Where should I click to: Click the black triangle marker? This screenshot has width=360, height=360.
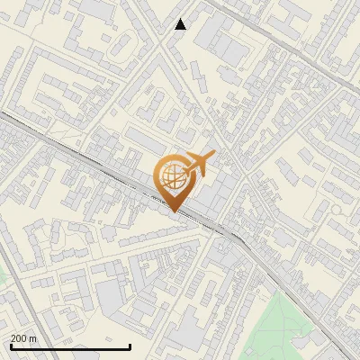click(181, 24)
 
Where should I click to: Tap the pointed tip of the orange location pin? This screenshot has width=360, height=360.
click(174, 211)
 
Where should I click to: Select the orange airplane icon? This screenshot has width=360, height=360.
click(198, 164)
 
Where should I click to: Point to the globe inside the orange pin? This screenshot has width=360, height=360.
click(171, 175)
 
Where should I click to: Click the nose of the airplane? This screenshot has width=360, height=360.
click(212, 156)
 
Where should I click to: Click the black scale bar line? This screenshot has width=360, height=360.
click(70, 346)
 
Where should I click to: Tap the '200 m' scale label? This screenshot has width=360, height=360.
click(23, 338)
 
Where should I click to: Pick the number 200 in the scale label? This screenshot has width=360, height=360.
click(19, 338)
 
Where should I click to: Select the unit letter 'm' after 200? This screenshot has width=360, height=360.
click(32, 339)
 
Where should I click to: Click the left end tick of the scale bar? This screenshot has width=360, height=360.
click(10, 345)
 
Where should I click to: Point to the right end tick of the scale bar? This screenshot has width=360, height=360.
click(130, 345)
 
